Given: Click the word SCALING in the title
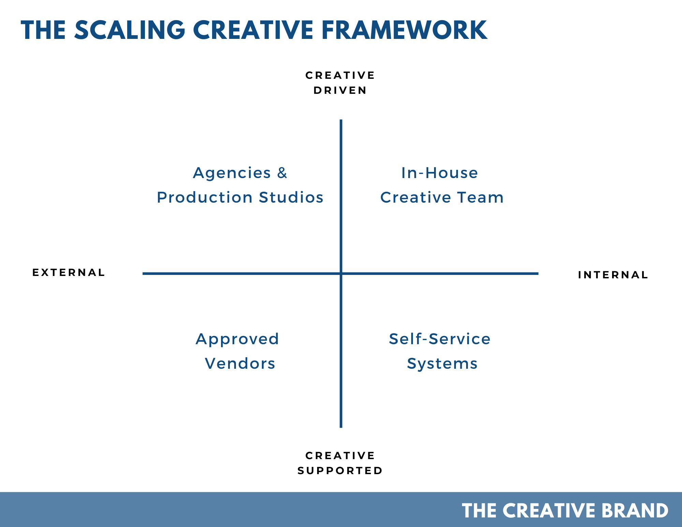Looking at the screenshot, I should pyautogui.click(x=130, y=30).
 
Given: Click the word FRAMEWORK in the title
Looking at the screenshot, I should pyautogui.click(x=404, y=30).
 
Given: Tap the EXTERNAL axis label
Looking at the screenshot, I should pyautogui.click(x=69, y=273).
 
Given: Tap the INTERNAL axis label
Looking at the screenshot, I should pyautogui.click(x=613, y=275).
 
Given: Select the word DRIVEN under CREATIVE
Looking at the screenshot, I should pyautogui.click(x=340, y=90).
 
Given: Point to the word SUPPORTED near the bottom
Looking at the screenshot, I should pyautogui.click(x=340, y=471).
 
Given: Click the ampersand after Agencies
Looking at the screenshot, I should pyautogui.click(x=282, y=173).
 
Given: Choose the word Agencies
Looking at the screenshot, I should pyautogui.click(x=232, y=173).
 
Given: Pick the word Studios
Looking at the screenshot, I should pyautogui.click(x=291, y=197).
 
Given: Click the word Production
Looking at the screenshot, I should pyautogui.click(x=205, y=197).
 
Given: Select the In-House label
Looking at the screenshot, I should pyautogui.click(x=440, y=173).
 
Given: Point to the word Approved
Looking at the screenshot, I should pyautogui.click(x=237, y=339).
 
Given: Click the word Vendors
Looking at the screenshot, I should pyautogui.click(x=240, y=363).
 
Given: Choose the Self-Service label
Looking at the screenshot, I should pyautogui.click(x=440, y=339).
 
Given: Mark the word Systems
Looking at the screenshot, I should pyautogui.click(x=442, y=364).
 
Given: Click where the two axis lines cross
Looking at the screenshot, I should pyautogui.click(x=341, y=273).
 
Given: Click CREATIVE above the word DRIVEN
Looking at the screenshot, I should pyautogui.click(x=340, y=75).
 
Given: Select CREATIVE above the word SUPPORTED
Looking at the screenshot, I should pyautogui.click(x=340, y=456).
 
